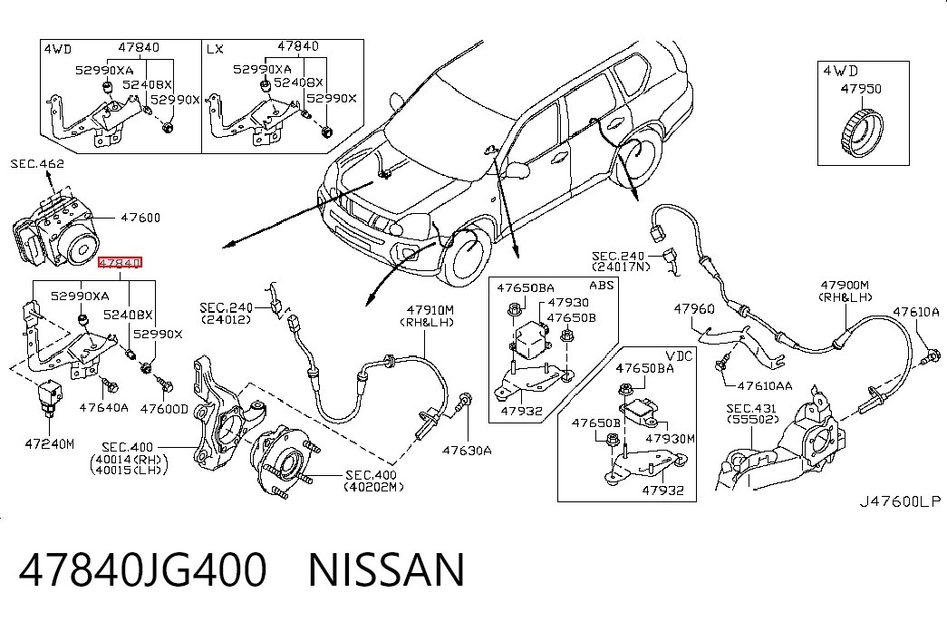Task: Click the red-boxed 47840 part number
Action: click(121, 262)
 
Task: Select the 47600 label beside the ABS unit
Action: click(140, 217)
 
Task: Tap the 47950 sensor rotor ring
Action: click(861, 131)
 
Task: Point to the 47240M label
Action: click(50, 443)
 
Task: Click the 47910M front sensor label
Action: click(430, 310)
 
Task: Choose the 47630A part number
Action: click(467, 450)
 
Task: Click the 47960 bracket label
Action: click(694, 309)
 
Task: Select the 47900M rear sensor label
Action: click(845, 285)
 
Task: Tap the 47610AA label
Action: click(765, 385)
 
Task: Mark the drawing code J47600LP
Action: click(900, 501)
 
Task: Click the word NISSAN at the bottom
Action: click(387, 569)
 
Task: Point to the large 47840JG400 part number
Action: click(142, 569)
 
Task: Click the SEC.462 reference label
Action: click(37, 163)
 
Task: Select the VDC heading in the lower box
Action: click(679, 355)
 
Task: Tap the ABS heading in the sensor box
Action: click(601, 285)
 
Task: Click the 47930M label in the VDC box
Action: click(671, 438)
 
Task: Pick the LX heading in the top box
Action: click(215, 48)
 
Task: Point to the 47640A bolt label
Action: click(104, 407)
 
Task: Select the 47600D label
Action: click(164, 409)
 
